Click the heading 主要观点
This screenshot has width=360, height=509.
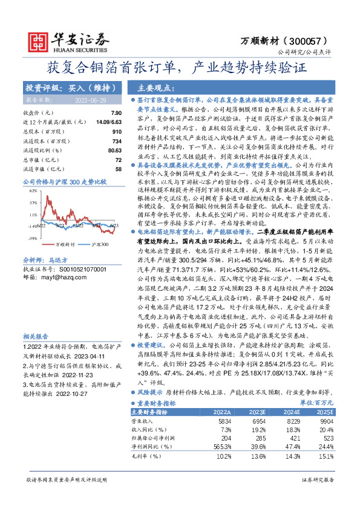pos(156,87)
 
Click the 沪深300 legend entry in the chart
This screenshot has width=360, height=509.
pos(100,244)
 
